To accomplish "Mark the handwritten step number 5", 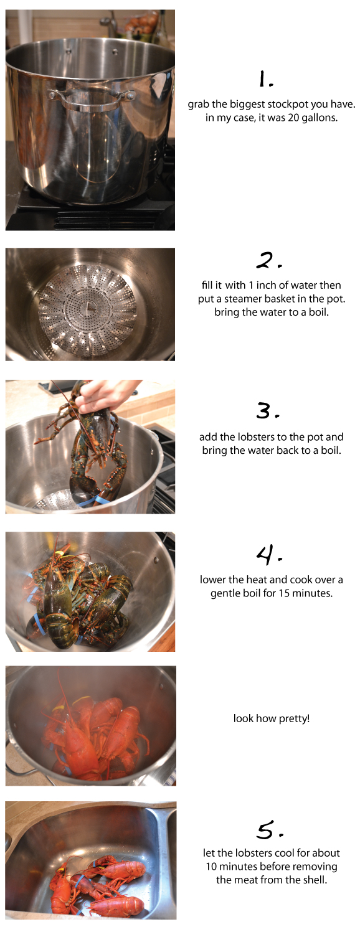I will tap(269, 829).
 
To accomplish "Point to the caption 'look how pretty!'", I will tap(272, 719).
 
